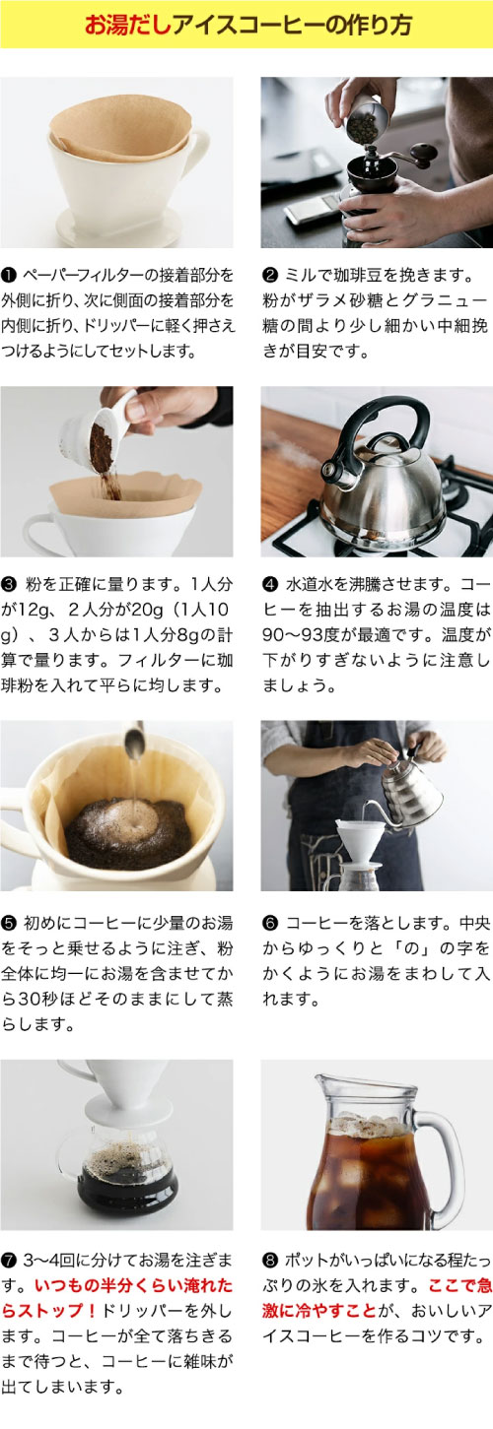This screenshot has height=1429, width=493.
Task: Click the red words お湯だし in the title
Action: click(x=128, y=25)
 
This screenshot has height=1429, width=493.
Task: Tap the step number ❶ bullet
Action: click(x=8, y=276)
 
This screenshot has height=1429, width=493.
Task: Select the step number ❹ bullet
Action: click(x=270, y=584)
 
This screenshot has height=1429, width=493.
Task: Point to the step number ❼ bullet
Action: click(x=9, y=1261)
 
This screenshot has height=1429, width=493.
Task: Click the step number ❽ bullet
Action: click(x=270, y=1261)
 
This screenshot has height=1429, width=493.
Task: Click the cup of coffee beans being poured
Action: click(x=367, y=119)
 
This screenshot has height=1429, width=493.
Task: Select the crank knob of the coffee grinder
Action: click(x=423, y=153)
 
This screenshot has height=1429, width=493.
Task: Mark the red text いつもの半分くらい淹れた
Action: click(x=133, y=1285)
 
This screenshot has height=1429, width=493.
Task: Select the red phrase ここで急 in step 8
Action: click(x=459, y=1285)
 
